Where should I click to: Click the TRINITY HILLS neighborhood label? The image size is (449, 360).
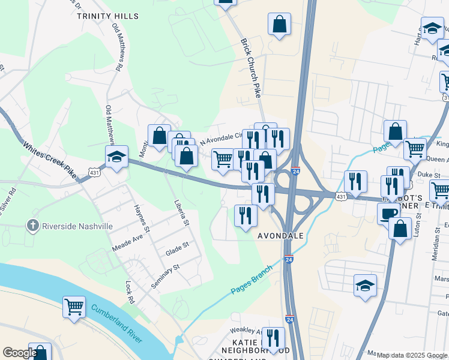pyautogui.click(x=107, y=16)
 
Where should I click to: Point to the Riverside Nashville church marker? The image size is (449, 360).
pyautogui.click(x=34, y=226)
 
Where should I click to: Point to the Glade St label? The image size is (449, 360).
pyautogui.click(x=177, y=248)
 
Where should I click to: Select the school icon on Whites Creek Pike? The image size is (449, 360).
pyautogui.click(x=116, y=157)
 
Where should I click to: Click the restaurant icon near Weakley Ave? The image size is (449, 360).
pyautogui.click(x=274, y=338)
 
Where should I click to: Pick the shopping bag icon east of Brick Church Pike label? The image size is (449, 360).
pyautogui.click(x=279, y=25)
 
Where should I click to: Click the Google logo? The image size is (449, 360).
pyautogui.click(x=19, y=353)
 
